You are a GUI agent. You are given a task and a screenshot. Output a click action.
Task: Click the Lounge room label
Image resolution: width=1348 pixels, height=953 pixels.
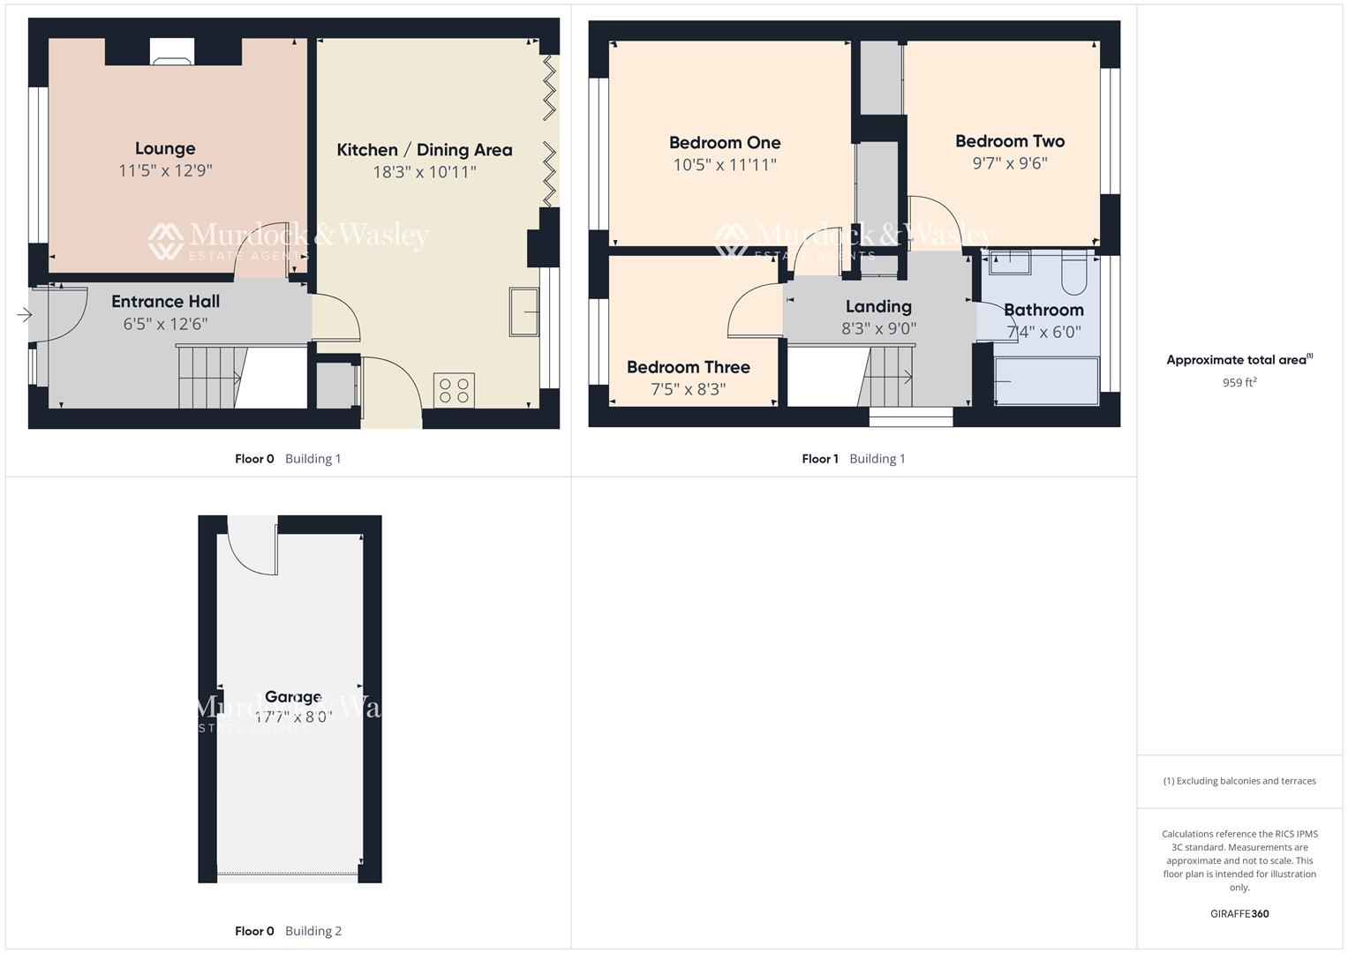click(165, 148)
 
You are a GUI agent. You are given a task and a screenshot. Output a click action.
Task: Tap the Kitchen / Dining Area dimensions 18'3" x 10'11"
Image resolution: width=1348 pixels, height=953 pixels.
click(424, 172)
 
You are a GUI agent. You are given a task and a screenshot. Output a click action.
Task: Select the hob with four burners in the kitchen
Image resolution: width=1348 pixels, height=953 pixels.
click(454, 390)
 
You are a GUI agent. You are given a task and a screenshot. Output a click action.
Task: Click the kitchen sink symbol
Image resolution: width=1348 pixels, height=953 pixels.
click(523, 311)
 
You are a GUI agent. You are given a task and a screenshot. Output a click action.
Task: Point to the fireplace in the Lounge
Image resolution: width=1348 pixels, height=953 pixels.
click(172, 53)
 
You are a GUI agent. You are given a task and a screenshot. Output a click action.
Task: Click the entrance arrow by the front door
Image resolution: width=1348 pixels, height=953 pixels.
click(24, 314)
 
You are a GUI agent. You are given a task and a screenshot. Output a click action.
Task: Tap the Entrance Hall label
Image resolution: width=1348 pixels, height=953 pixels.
click(165, 302)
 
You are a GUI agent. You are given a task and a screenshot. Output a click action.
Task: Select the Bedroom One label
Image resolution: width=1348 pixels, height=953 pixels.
click(724, 142)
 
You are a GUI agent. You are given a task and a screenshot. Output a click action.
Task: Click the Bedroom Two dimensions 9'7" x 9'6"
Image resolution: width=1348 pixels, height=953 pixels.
click(1009, 163)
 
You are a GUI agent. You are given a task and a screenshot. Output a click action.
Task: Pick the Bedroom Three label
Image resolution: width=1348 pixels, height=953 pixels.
click(688, 367)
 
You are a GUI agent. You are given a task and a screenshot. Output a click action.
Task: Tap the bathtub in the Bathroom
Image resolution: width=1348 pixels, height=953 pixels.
click(1046, 381)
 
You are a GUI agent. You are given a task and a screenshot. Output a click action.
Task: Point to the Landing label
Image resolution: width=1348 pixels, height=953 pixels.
click(877, 306)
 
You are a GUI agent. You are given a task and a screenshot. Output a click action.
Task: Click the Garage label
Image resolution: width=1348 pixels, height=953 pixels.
click(293, 697)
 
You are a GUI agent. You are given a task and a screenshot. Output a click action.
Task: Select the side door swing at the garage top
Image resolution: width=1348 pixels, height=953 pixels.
click(252, 547)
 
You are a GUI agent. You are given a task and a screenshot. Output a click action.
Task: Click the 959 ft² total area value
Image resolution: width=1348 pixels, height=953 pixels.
click(1239, 383)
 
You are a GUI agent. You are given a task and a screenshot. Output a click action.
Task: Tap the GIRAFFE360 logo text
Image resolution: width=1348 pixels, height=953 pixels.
click(1239, 913)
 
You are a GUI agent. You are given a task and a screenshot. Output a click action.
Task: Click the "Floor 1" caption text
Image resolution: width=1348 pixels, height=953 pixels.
click(819, 459)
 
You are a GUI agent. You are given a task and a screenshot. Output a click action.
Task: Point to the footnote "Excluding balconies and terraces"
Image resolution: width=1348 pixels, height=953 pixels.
click(1239, 781)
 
